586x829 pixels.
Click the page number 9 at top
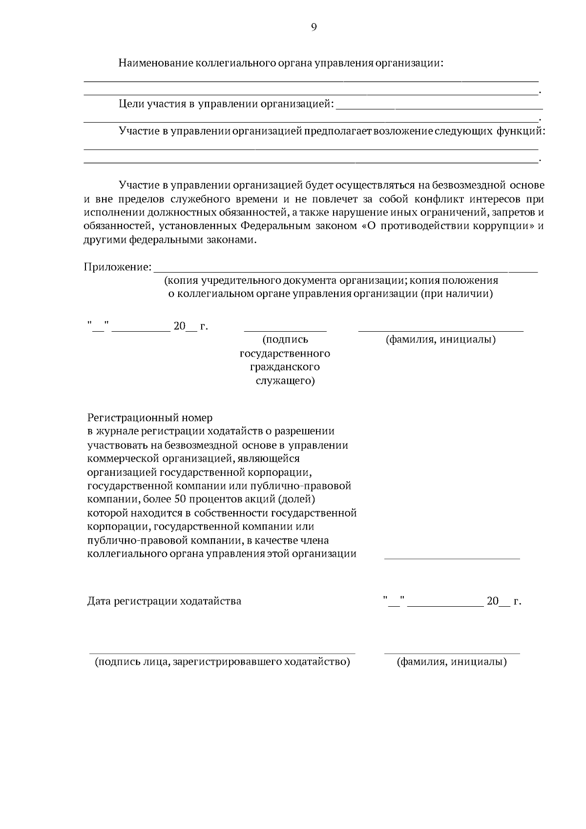[314, 27]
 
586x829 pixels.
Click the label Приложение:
[117, 267]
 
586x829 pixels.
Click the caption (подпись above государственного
[285, 340]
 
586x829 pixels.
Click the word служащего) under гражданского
[285, 381]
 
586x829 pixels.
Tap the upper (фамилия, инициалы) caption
[440, 340]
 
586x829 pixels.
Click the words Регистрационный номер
[150, 418]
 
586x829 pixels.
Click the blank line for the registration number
[452, 557]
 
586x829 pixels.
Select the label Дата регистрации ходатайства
[164, 601]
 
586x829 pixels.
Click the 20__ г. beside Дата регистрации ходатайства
[503, 601]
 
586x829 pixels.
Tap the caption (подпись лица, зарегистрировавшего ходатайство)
[222, 662]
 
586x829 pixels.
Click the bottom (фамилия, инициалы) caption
[452, 662]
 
